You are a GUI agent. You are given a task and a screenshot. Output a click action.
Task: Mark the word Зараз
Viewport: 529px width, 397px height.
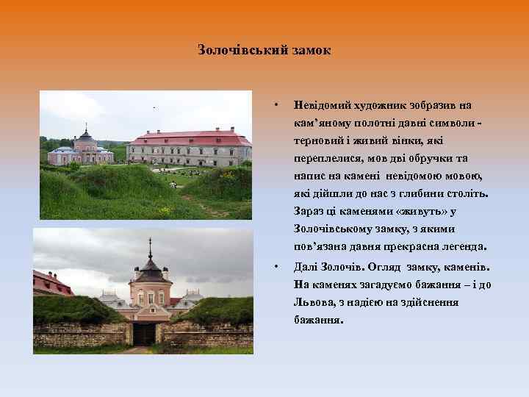click(x=309, y=212)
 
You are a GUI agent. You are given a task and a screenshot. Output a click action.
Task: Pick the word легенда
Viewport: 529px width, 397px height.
click(x=462, y=247)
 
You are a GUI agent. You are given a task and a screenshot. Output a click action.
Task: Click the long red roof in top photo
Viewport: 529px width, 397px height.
click(x=190, y=138)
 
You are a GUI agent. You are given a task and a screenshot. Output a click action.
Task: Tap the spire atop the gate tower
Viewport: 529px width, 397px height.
click(x=150, y=248)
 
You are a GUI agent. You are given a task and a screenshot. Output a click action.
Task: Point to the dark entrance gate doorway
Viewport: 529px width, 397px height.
click(x=144, y=334)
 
